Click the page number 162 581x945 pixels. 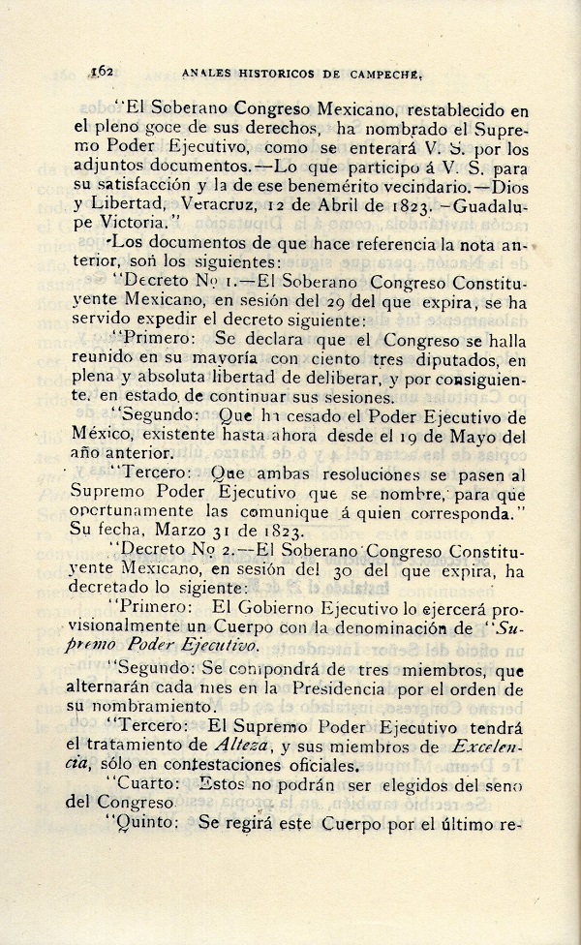103,71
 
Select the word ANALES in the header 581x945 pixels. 203,72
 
